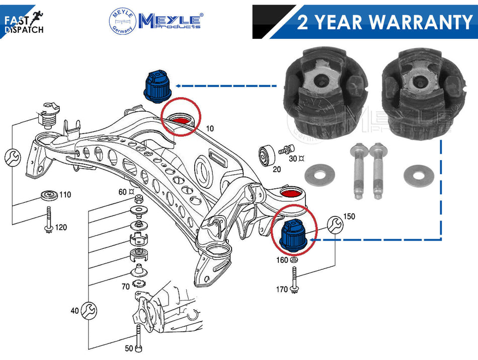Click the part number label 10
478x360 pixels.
(210, 128)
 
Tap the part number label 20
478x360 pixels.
(277, 169)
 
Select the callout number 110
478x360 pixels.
(65, 195)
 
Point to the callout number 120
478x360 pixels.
(61, 227)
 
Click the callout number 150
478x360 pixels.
(349, 217)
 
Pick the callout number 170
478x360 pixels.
(282, 289)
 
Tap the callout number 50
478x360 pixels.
(129, 348)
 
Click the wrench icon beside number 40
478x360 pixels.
(89, 311)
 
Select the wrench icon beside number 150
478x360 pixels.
(335, 225)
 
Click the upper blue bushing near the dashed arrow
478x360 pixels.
(157, 87)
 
